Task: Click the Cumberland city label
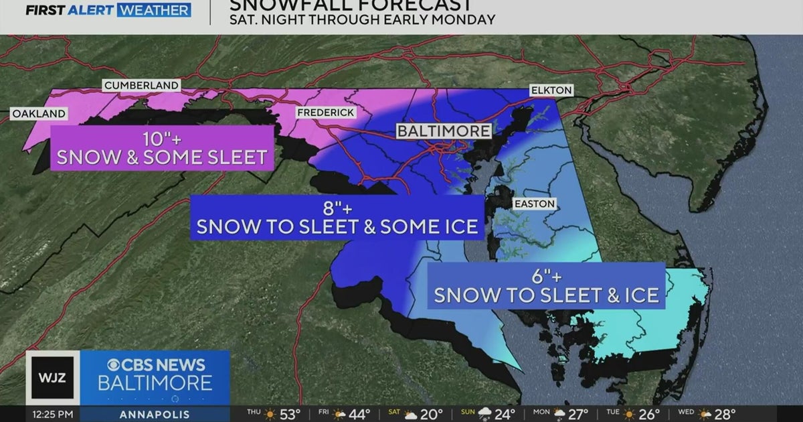click(x=141, y=85)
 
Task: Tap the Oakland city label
click(x=39, y=114)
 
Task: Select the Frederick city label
click(x=326, y=113)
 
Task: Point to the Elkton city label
click(x=551, y=90)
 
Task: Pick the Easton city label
click(x=534, y=204)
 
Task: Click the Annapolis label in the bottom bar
click(x=154, y=413)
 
